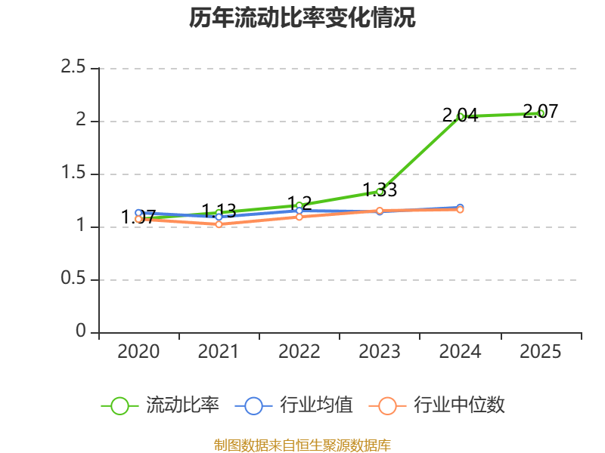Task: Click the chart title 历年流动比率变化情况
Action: pos(302,17)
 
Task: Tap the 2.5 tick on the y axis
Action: pos(73,67)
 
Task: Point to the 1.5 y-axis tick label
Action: pos(73,173)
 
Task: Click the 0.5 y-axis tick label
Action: pos(73,278)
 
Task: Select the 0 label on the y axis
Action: pos(81,331)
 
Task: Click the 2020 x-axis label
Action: pos(138,352)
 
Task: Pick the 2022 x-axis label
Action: pos(299,352)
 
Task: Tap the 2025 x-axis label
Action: pos(540,352)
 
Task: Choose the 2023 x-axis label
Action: pos(380,352)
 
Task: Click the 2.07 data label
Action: pos(540,111)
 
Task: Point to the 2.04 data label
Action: pos(460,115)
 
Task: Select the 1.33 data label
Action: pos(380,190)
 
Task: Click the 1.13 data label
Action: pos(219,211)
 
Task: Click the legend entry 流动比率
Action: pos(160,405)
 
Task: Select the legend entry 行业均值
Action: pos(293,405)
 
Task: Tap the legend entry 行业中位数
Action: pos(437,405)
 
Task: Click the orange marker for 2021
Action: pos(219,224)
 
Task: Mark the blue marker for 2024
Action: pos(460,208)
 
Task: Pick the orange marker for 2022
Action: pos(299,217)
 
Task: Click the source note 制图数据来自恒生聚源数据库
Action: pos(302,445)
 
